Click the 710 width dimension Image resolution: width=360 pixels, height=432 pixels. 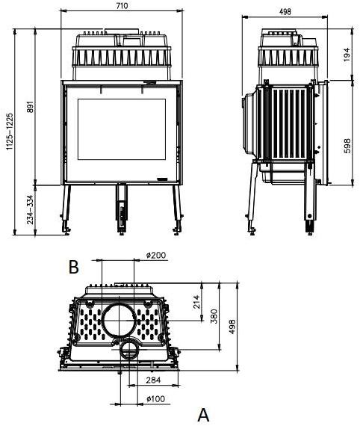click(x=122, y=5)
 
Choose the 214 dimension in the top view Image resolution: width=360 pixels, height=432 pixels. click(x=198, y=302)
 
